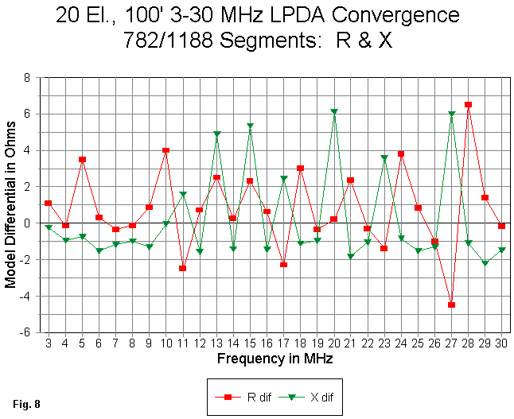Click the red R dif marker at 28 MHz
tap(469, 105)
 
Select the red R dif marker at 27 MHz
tap(452, 305)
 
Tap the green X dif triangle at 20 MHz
tap(334, 112)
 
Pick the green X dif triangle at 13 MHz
tap(216, 134)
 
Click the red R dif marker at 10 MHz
tap(166, 150)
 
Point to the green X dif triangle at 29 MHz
tap(485, 263)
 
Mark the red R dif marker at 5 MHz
tap(82, 159)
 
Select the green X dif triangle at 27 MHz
tap(452, 114)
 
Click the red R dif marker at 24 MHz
tap(401, 153)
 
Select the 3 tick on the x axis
tap(48, 343)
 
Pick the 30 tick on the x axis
tap(501, 343)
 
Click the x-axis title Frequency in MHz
tap(275, 359)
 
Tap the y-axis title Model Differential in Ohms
tap(10, 205)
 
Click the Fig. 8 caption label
tap(26, 404)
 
